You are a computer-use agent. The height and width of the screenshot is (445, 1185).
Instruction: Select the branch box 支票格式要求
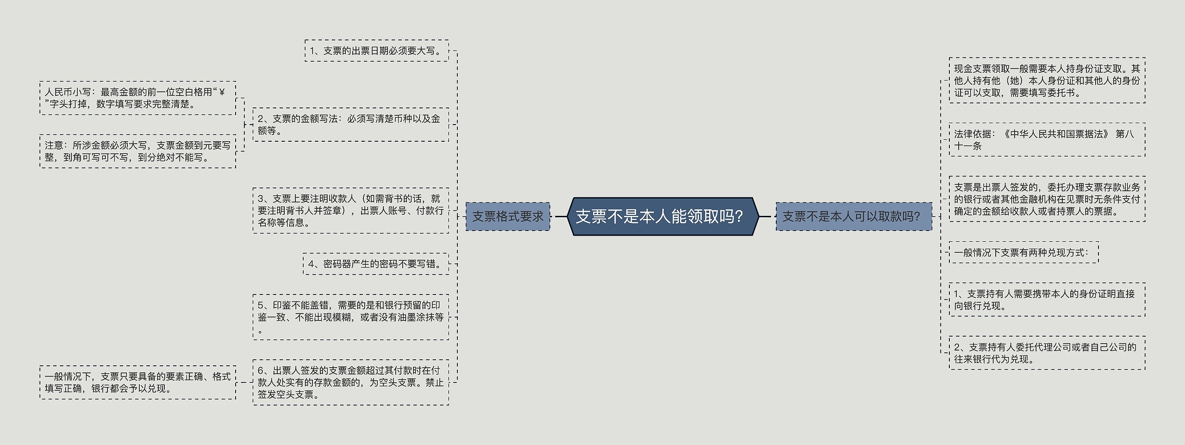507,216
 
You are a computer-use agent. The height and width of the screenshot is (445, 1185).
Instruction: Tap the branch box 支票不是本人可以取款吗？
853,216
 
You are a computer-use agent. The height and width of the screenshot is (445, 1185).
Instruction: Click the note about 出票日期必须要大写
376,50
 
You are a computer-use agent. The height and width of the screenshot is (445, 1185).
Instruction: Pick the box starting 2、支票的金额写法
350,125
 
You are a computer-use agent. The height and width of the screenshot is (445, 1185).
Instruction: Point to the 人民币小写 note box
137,98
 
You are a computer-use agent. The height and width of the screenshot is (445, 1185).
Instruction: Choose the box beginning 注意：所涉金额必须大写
137,151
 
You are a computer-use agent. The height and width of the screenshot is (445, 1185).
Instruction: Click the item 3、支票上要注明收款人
350,210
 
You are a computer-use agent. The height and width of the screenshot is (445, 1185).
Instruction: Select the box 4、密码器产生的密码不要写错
375,263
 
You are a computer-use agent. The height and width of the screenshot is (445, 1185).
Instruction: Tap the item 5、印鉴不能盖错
350,317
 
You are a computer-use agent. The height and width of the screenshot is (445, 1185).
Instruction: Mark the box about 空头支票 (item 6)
350,382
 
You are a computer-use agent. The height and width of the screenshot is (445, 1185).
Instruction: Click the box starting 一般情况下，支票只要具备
137,382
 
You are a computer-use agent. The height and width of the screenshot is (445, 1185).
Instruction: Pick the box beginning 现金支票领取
1047,80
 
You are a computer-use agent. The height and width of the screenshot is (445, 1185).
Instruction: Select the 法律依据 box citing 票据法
1047,139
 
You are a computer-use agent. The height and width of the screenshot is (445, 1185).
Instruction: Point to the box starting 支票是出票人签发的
1047,199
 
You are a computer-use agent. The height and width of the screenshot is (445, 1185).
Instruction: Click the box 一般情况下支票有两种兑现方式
1023,252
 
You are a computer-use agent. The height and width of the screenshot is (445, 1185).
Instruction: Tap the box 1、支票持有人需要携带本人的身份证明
1047,300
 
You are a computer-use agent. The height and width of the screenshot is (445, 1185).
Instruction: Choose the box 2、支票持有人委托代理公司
1047,353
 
